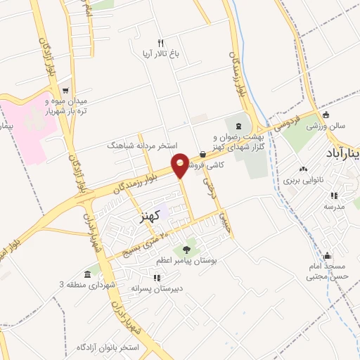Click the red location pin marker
tap(180, 165)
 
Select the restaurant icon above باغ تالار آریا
tap(160, 43)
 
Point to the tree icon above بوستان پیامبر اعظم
tap(186, 249)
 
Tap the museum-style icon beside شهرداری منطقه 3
tap(87, 274)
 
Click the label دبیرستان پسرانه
tap(157, 288)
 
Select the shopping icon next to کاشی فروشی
tap(202, 154)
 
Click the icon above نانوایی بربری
tap(303, 169)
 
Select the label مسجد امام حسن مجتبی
tap(326, 272)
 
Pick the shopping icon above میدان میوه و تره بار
tap(65, 90)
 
